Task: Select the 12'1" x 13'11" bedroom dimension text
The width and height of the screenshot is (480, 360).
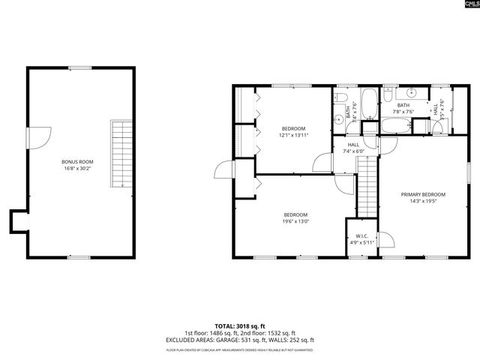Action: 293,136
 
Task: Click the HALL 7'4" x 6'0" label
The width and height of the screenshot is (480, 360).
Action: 353,148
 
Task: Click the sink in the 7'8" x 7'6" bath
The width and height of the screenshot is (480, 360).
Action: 389,94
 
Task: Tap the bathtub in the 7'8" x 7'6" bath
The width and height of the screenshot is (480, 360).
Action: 397,124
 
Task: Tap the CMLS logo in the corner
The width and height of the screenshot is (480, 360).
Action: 466,7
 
